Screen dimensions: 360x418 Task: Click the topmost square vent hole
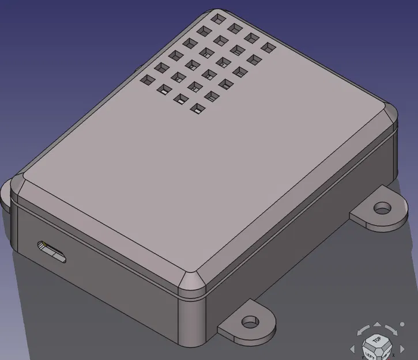[x=217, y=18]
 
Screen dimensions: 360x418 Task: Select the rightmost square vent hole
[x=268, y=47]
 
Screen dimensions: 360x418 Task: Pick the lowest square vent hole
[x=196, y=108]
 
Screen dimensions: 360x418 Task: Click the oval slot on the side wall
[x=52, y=252]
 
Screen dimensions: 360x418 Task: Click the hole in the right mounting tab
[x=382, y=207]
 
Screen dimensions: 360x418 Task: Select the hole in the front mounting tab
[x=250, y=321]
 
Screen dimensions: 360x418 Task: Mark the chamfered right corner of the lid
[x=390, y=115]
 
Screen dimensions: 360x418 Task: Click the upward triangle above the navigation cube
[x=378, y=324]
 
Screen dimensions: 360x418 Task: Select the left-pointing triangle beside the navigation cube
[x=352, y=349]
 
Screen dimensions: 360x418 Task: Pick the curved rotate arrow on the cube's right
[x=394, y=331]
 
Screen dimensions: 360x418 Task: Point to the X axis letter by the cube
[x=393, y=355]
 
